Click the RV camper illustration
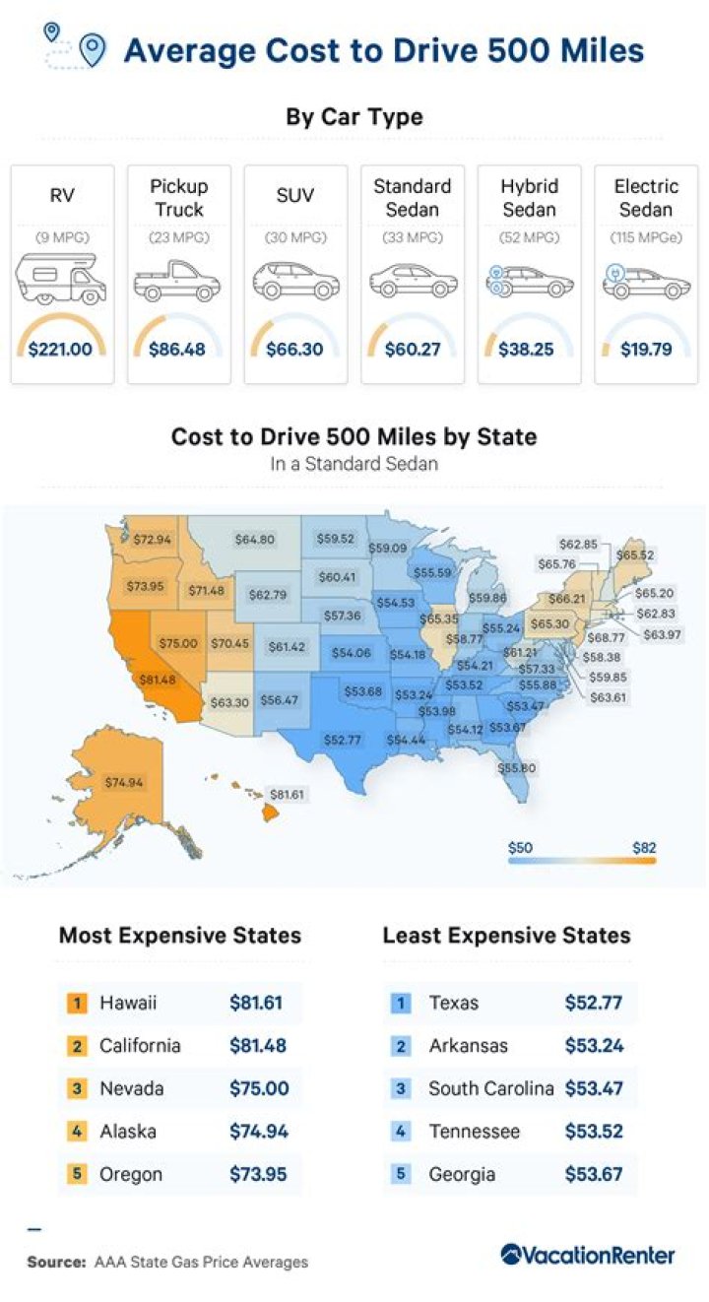pos(61,278)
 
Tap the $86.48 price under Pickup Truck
pos(177,349)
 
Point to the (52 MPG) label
pos(529,238)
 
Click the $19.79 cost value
pos(645,349)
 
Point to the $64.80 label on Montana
pos(254,540)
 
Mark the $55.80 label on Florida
pos(516,767)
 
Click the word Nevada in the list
pos(131,1089)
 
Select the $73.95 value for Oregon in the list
pos(258,1175)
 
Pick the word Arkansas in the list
pos(467,1046)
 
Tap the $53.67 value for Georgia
pos(594,1175)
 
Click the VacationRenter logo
pos(587,1256)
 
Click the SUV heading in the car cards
pos(294,196)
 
